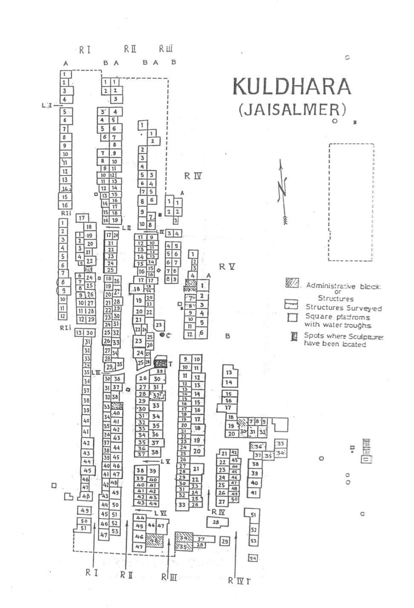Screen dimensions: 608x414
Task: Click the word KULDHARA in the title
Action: click(292, 87)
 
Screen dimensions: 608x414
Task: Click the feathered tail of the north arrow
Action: click(285, 219)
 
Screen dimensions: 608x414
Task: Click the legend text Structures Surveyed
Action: click(343, 308)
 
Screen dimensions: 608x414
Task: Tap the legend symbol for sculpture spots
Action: click(293, 337)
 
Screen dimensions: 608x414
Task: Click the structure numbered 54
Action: click(253, 559)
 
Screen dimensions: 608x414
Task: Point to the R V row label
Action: click(227, 267)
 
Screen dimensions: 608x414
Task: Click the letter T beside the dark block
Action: click(170, 364)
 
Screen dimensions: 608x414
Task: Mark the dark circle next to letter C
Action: click(162, 335)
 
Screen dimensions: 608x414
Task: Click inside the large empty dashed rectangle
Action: click(351, 202)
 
